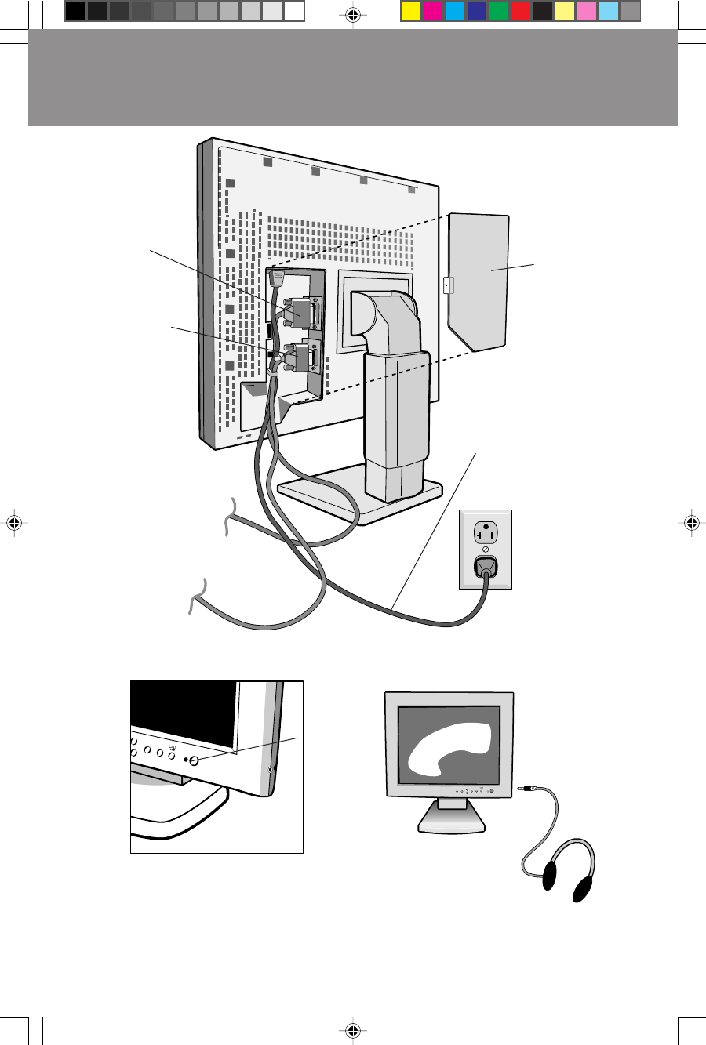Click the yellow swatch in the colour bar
tap(411, 11)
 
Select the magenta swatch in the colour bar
tap(433, 11)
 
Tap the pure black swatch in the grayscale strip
tap(75, 11)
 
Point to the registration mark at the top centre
tap(352, 14)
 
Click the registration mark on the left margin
tap(13, 523)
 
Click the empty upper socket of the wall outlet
tap(485, 532)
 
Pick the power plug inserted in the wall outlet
tap(485, 568)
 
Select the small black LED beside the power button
tap(187, 760)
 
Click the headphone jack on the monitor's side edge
tap(271, 771)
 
